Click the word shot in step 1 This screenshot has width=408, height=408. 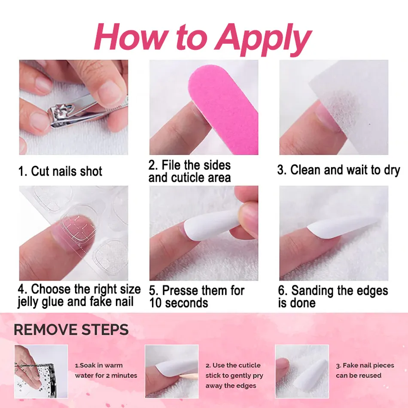(x=91, y=171)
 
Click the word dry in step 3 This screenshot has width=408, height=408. (x=392, y=171)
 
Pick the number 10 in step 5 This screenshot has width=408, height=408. (x=155, y=303)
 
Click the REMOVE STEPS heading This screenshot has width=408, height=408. (x=71, y=330)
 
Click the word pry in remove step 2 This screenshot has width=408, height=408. (x=258, y=376)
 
